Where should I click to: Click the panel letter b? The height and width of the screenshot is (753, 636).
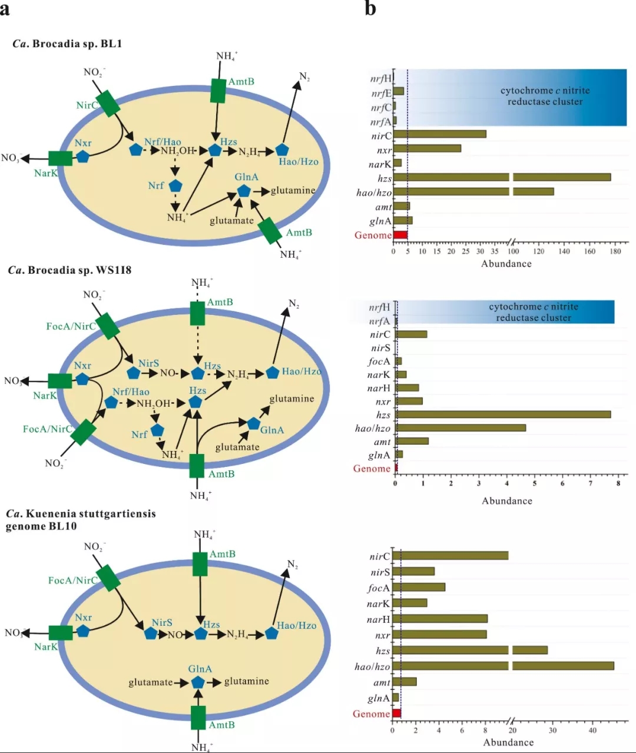[x=370, y=8]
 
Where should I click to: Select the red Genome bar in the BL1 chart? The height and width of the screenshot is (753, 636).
[x=400, y=235]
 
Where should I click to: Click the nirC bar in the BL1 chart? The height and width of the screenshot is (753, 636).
[x=439, y=134]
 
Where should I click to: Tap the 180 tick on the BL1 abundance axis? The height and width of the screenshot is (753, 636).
[x=615, y=251]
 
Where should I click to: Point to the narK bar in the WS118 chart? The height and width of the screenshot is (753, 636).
[x=401, y=374]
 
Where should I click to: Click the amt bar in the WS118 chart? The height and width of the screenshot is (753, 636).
[x=412, y=441]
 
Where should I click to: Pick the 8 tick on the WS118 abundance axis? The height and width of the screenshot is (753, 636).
[x=618, y=483]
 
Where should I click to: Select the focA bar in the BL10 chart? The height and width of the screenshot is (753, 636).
[x=419, y=587]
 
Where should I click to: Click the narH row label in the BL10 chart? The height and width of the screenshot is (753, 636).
[x=378, y=619]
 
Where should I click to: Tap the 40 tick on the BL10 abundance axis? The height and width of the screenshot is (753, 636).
[x=592, y=730]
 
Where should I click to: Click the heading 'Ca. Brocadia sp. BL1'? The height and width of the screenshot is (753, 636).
[x=67, y=44]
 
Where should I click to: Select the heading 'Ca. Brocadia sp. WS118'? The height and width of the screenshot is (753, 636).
[x=69, y=270]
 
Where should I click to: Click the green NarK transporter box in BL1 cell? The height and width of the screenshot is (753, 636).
[x=60, y=158]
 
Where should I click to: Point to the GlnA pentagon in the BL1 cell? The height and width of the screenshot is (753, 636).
[x=244, y=191]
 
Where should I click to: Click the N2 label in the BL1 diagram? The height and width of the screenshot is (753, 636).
[x=304, y=77]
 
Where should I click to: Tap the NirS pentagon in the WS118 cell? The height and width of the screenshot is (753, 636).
[x=134, y=373]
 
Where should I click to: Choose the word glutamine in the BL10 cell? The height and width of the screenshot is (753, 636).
[x=246, y=681]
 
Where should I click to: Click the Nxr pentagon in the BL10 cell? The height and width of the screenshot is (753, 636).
[x=83, y=631]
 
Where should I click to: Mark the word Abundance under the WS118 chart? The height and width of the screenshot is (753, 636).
[x=507, y=501]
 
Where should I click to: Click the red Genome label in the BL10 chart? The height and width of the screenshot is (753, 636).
[x=371, y=714]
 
